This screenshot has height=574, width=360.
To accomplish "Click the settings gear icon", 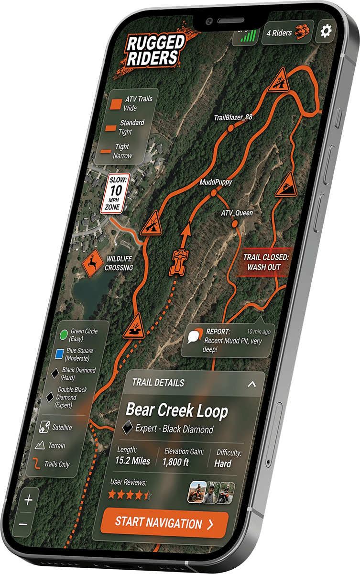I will coord(326,32).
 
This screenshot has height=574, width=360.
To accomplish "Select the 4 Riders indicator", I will coord(287,33).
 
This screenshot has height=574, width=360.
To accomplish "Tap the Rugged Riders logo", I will coord(155,50).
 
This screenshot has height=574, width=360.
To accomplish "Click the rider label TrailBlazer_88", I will coord(232,118).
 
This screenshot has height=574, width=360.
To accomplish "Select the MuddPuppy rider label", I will coord(215,182).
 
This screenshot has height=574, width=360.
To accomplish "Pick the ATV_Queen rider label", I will coord(237,212).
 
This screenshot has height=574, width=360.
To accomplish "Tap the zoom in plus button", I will coord(28,500).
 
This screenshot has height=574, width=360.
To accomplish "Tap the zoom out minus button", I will coord(23,525).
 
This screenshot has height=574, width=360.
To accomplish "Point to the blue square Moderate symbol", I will coord(59,354).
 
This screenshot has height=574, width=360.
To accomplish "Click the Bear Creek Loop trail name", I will coord(176,411).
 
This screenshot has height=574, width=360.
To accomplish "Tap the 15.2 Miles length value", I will coord(132,461).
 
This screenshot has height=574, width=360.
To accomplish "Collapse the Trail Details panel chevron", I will coord(252,384).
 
